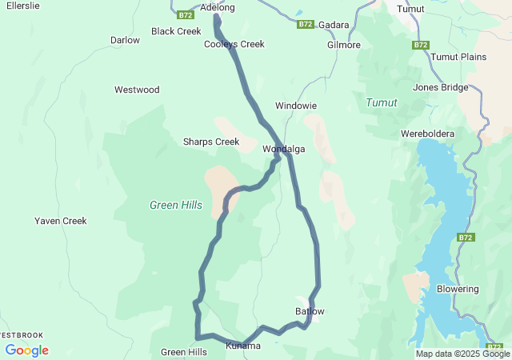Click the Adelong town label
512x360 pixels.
[x=218, y=8]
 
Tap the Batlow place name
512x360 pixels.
[x=310, y=311]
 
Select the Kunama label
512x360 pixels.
[x=243, y=346]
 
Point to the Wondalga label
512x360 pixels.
[x=284, y=149]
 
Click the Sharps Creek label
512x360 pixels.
[x=211, y=142]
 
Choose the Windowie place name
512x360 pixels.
[x=296, y=106]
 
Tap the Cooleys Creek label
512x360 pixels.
[x=234, y=44]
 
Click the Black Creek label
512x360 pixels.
[x=176, y=31]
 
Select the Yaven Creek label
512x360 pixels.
[x=61, y=221]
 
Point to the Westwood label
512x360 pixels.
[x=137, y=90]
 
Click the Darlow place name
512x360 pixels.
[x=125, y=40]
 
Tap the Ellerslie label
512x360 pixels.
[x=23, y=5]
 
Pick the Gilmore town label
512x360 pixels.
[x=344, y=45]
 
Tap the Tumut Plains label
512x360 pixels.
[x=458, y=57]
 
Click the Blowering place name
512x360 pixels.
[x=458, y=289]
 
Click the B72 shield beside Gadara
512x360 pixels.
[x=305, y=25]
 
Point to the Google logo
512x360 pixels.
[x=26, y=350]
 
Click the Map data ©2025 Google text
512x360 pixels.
[x=462, y=354]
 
